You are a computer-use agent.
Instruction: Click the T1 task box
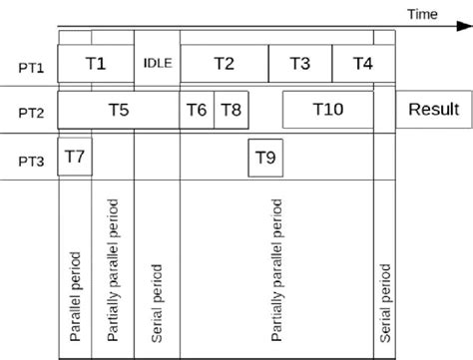point(95,63)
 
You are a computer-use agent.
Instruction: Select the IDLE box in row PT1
point(158,63)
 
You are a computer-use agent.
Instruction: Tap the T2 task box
point(224,63)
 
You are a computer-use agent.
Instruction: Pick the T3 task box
point(299,63)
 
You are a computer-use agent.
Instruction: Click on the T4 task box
point(362,63)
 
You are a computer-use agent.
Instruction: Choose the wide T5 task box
point(118,110)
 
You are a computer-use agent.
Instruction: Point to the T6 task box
point(197,110)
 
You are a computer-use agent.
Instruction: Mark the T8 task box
point(231,110)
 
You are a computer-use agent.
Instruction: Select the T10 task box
point(329,110)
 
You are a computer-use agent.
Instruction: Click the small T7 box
point(75,156)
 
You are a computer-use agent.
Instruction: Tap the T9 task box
point(264,158)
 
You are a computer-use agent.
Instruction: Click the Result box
point(433,110)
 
